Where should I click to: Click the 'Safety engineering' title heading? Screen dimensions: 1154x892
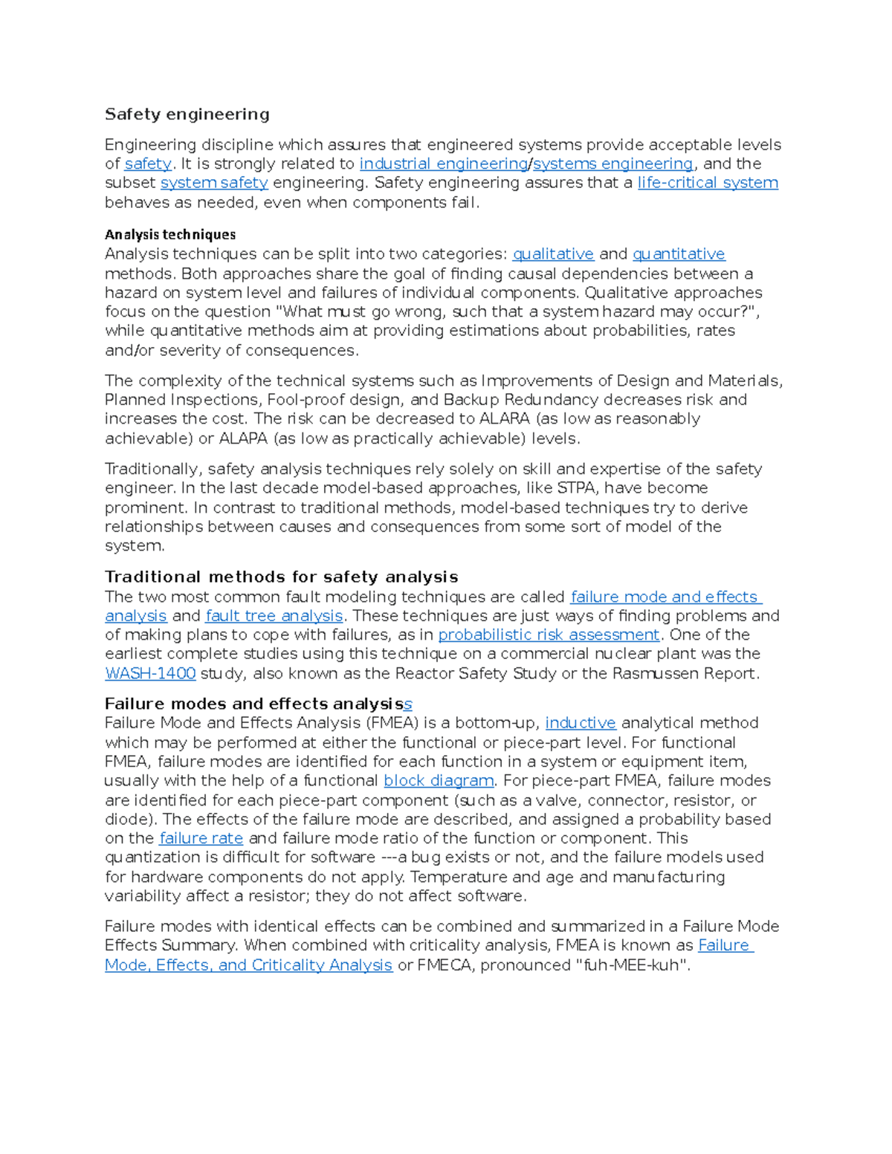[x=187, y=114]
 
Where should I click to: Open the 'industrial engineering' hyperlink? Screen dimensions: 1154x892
[x=443, y=163]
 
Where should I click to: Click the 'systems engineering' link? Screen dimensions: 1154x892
[x=613, y=163]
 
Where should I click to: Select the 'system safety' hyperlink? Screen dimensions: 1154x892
[x=214, y=183]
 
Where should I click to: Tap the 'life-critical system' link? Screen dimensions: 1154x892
[x=708, y=183]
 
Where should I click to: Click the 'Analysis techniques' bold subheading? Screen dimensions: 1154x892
[x=170, y=235]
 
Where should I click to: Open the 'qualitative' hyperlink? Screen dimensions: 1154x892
[x=553, y=254]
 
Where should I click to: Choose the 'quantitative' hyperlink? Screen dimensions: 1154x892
[x=679, y=254]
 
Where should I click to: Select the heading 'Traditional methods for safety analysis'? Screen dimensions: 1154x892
[x=281, y=577]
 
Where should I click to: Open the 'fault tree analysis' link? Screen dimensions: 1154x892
[x=274, y=616]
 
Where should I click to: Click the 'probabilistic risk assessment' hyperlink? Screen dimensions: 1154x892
[x=549, y=635]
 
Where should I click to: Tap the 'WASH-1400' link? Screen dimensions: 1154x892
[x=150, y=673]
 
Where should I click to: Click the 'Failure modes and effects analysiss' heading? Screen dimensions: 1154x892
[x=258, y=704]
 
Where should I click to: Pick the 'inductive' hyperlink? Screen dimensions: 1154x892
[x=581, y=723]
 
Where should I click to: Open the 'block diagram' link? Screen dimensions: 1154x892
[x=439, y=781]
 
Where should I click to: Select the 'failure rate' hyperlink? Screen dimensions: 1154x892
[x=201, y=838]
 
